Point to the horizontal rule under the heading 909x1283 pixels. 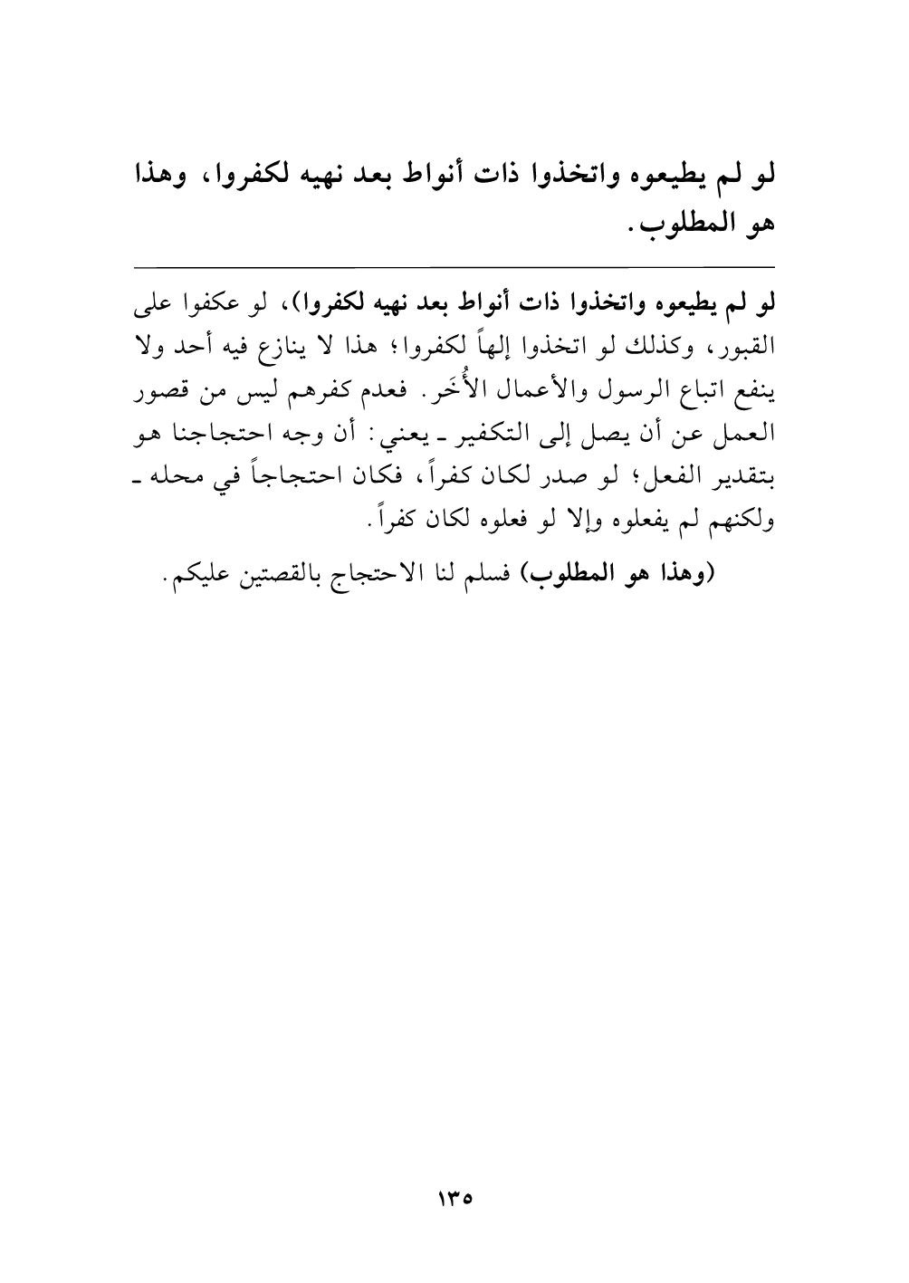point(454,266)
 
